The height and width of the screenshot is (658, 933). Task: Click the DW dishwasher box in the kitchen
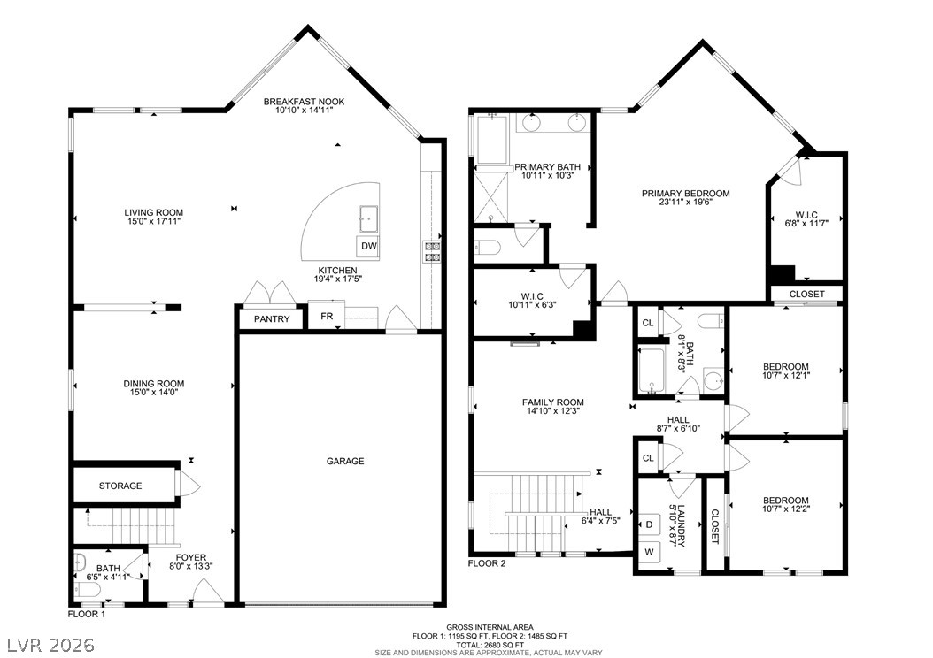pyautogui.click(x=369, y=246)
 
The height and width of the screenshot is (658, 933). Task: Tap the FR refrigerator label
pyautogui.click(x=327, y=317)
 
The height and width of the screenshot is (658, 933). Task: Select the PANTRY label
pyautogui.click(x=272, y=319)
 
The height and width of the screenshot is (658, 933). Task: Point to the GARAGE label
pyautogui.click(x=345, y=462)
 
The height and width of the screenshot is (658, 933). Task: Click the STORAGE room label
pyautogui.click(x=120, y=486)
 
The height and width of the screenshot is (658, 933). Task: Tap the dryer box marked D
pyautogui.click(x=649, y=524)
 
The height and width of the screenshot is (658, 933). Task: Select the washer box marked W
pyautogui.click(x=649, y=552)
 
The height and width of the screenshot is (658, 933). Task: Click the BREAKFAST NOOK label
pyautogui.click(x=304, y=102)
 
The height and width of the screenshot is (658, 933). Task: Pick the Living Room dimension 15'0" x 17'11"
pyautogui.click(x=153, y=221)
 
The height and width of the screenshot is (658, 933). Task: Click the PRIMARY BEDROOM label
pyautogui.click(x=685, y=193)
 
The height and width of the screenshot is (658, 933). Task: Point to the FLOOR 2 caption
pyautogui.click(x=487, y=563)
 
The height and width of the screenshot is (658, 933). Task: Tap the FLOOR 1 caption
pyautogui.click(x=86, y=614)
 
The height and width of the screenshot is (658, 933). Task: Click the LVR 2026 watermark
pyautogui.click(x=51, y=645)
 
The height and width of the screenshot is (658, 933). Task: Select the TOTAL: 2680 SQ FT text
pyautogui.click(x=490, y=645)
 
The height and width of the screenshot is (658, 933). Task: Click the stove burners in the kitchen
pyautogui.click(x=432, y=251)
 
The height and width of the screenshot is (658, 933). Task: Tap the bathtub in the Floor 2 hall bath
pyautogui.click(x=652, y=371)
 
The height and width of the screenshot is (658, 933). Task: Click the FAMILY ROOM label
pyautogui.click(x=553, y=402)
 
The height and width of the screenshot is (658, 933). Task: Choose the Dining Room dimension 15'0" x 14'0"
pyautogui.click(x=154, y=393)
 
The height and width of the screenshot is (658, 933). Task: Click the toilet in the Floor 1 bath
pyautogui.click(x=88, y=590)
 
